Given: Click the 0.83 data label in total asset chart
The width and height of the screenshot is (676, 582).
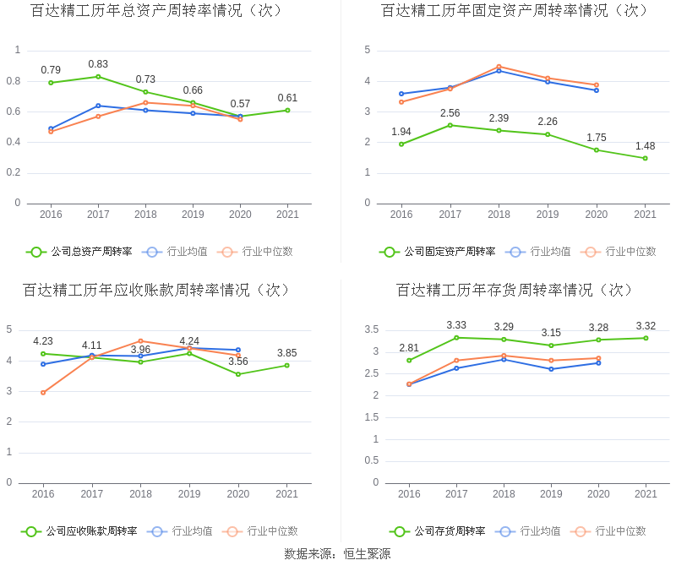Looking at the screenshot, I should click(x=98, y=64).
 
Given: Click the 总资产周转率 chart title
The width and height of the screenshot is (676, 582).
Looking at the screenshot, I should click(x=156, y=11).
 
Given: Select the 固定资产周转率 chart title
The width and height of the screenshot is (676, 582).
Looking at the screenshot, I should click(x=515, y=11).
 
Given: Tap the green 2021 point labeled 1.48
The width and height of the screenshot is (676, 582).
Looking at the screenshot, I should click(x=645, y=158).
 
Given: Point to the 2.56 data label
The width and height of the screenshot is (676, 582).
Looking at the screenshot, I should click(x=450, y=113).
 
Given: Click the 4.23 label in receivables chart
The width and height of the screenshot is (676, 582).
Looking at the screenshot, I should click(x=43, y=341).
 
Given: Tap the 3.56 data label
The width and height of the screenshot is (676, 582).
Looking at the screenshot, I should click(x=238, y=362).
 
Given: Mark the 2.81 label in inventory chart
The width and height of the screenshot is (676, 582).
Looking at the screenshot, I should click(x=409, y=348).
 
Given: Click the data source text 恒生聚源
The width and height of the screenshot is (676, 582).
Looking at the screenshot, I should click(x=338, y=554).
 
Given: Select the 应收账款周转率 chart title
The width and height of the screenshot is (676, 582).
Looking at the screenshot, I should click(x=156, y=291).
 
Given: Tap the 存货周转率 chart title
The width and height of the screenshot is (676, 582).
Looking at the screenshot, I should click(x=515, y=291).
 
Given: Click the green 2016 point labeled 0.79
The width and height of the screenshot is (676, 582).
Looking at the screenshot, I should click(x=51, y=83).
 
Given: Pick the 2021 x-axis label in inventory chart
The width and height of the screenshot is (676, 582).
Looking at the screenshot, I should click(x=646, y=494).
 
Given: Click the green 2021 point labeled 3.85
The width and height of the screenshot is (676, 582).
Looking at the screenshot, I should click(x=287, y=365).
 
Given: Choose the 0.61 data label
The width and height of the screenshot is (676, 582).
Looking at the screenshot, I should click(x=287, y=98).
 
